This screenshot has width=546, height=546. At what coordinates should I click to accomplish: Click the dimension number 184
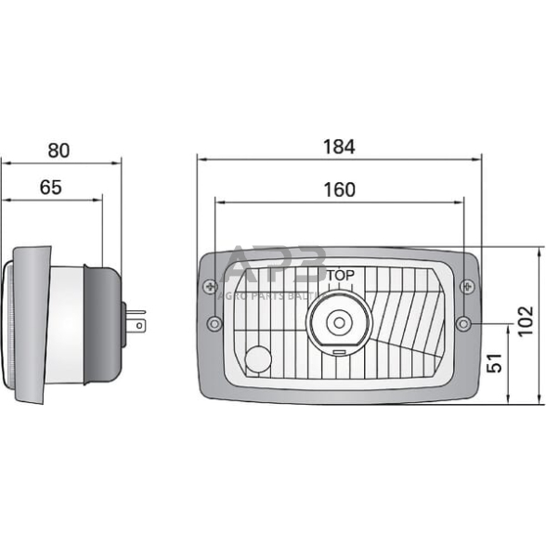click(339, 146)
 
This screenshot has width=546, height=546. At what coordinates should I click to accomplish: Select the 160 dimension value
click(339, 189)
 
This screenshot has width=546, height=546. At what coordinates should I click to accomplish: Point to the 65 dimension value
click(51, 188)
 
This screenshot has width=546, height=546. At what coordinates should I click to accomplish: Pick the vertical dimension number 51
click(495, 362)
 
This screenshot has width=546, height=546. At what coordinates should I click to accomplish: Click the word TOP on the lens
click(340, 275)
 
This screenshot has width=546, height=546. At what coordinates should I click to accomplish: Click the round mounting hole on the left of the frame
click(214, 323)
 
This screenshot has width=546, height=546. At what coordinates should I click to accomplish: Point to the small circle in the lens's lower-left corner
click(258, 358)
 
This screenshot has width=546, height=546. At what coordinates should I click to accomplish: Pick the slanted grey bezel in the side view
click(32, 325)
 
